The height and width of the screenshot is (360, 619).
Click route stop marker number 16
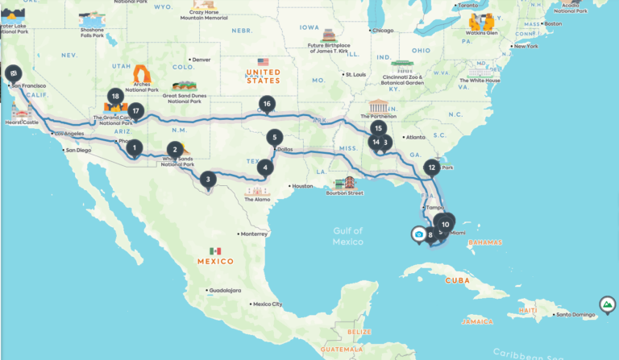point(267,103)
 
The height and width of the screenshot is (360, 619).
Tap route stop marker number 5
point(275,137)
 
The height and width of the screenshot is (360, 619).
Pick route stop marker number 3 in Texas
point(208,180)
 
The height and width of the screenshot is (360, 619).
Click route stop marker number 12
point(432,168)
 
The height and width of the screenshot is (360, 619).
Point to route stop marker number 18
point(115,96)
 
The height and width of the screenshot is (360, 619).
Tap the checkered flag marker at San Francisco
point(14,70)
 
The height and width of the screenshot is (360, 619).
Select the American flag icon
point(263,62)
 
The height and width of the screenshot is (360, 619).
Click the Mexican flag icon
point(214,251)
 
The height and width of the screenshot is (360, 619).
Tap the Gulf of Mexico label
point(348,236)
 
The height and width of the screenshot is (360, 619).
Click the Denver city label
point(201,60)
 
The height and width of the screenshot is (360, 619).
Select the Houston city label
point(303,186)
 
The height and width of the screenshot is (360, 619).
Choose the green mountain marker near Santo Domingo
point(606,304)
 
